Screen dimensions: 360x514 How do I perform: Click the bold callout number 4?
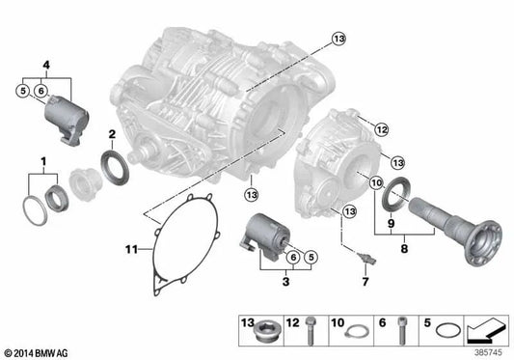pyautogui.click(x=43, y=65)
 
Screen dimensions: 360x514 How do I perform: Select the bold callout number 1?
pyautogui.click(x=42, y=157)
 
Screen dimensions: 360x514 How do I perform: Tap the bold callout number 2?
pyautogui.click(x=113, y=133)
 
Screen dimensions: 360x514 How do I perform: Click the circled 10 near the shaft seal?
pyautogui.click(x=376, y=182)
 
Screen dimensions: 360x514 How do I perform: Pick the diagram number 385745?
pyautogui.click(x=489, y=349)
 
